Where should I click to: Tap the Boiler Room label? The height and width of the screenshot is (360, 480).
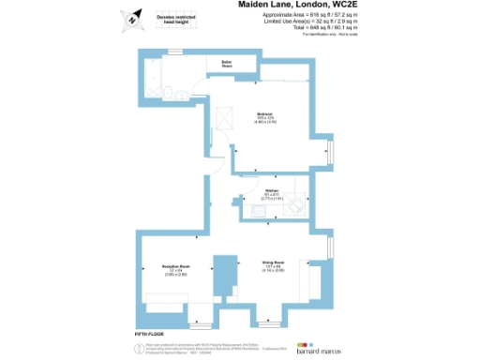(x=227, y=66)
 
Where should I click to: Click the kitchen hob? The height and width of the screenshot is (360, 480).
(x=294, y=206)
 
